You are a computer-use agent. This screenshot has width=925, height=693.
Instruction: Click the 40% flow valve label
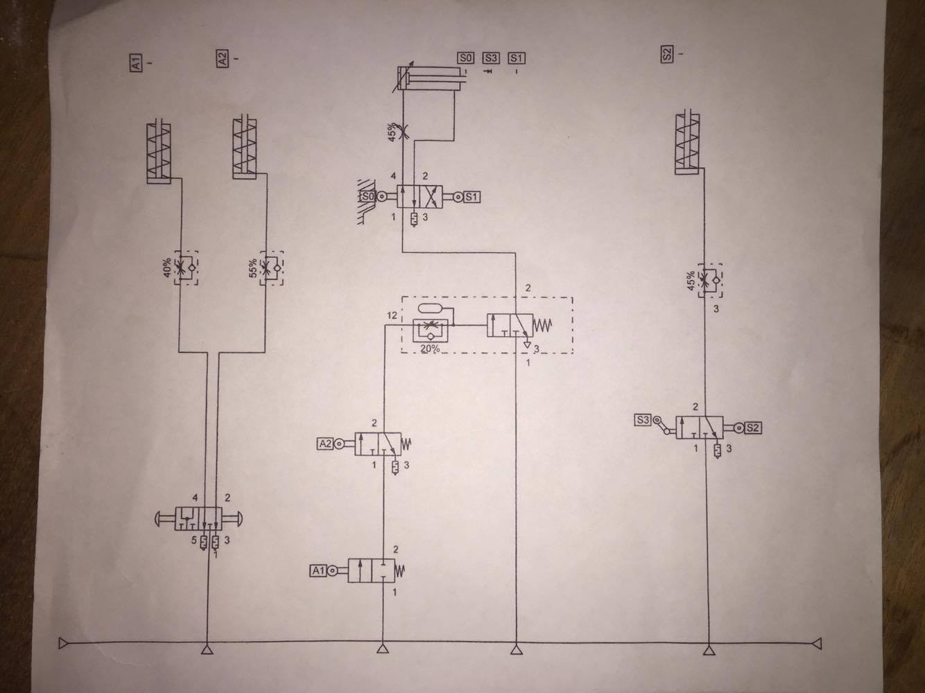[x=167, y=267]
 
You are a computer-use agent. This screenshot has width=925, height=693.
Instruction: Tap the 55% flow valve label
[x=253, y=267]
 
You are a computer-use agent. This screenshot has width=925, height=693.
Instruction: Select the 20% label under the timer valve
[x=430, y=349]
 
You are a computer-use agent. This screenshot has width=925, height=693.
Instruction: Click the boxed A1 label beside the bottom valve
[x=318, y=571]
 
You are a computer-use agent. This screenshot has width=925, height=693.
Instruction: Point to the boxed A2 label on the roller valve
[x=325, y=444]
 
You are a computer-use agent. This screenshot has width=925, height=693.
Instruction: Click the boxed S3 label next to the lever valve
[x=643, y=420]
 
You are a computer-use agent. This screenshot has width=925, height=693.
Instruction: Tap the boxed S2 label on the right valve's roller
[x=752, y=428]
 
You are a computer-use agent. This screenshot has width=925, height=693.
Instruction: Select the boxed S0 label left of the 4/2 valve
[x=368, y=196]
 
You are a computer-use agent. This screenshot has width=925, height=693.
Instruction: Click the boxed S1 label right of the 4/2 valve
[x=472, y=197]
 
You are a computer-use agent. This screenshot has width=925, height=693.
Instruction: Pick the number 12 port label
[x=392, y=315]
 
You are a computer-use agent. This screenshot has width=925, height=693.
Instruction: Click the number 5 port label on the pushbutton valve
[x=194, y=540]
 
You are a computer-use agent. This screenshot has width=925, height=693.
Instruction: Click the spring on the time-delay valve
[x=543, y=325]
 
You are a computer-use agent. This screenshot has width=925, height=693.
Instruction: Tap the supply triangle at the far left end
[x=64, y=644]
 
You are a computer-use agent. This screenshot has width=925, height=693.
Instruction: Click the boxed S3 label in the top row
[x=491, y=58]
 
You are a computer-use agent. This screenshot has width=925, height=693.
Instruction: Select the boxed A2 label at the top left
[x=222, y=58]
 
